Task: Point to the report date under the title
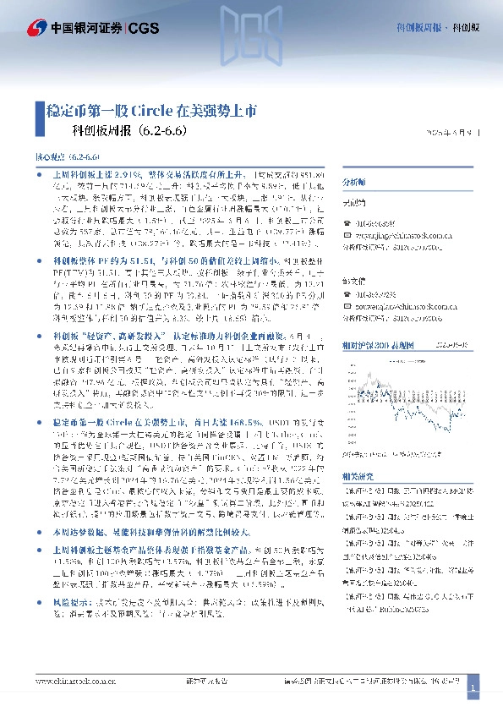coord(452,132)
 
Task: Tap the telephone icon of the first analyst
coord(342,222)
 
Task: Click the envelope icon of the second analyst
coord(342,298)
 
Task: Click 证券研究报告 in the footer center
coord(206,682)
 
